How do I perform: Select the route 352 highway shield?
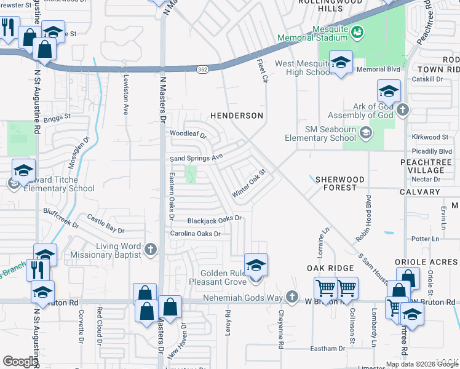pyautogui.click(x=202, y=70)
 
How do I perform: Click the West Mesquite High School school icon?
pyautogui.click(x=340, y=62)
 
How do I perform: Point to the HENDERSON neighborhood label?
pyautogui.click(x=237, y=116)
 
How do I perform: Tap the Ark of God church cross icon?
pyautogui.click(x=402, y=111)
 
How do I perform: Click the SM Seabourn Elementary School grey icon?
pyautogui.click(x=366, y=133)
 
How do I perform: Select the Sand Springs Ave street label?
pyautogui.click(x=196, y=158)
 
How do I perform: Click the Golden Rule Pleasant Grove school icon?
pyautogui.click(x=256, y=265)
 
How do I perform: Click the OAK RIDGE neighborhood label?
pyautogui.click(x=331, y=268)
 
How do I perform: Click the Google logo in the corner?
pyautogui.click(x=20, y=362)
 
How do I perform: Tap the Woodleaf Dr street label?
pyautogui.click(x=188, y=133)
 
